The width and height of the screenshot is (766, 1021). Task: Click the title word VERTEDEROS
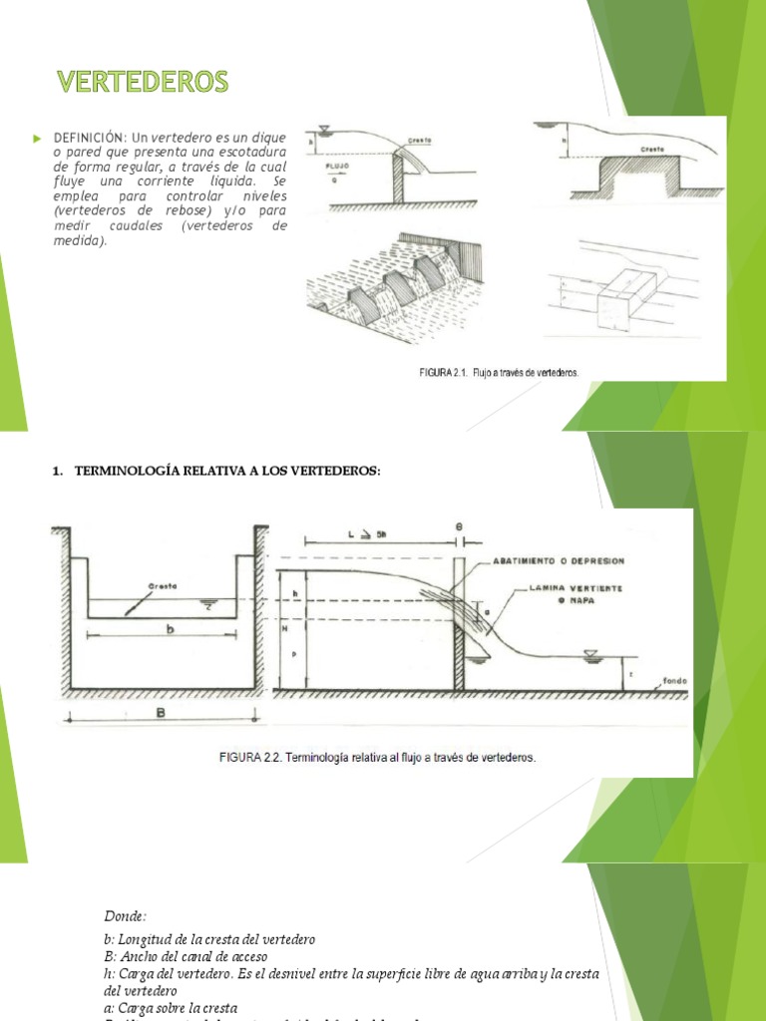tap(141, 82)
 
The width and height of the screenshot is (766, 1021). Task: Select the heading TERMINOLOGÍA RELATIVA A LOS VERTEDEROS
tap(227, 471)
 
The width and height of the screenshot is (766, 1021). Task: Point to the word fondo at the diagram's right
tap(671, 683)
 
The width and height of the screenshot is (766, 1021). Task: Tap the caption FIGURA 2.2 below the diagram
tap(377, 757)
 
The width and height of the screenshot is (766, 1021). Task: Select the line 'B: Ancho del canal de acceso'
tap(186, 956)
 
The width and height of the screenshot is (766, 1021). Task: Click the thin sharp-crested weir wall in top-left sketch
tap(397, 178)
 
